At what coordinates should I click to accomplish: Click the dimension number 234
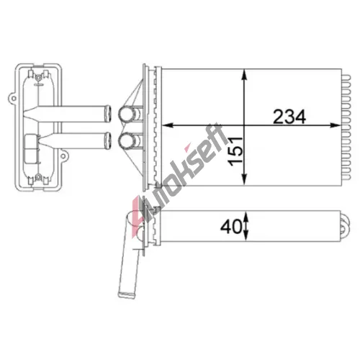pyautogui.click(x=289, y=117)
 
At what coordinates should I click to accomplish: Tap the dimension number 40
pyautogui.click(x=230, y=227)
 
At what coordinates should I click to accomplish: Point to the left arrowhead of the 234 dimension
pyautogui.click(x=168, y=125)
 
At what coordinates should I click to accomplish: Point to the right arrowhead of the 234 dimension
pyautogui.click(x=336, y=125)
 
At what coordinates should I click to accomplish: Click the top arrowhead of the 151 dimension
pyautogui.click(x=244, y=75)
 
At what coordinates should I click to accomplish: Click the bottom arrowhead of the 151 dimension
pyautogui.click(x=244, y=179)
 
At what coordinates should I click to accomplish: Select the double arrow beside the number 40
pyautogui.click(x=246, y=225)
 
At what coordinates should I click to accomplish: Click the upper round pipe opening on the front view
pyautogui.click(x=125, y=114)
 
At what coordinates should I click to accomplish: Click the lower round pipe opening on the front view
pyautogui.click(x=125, y=140)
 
